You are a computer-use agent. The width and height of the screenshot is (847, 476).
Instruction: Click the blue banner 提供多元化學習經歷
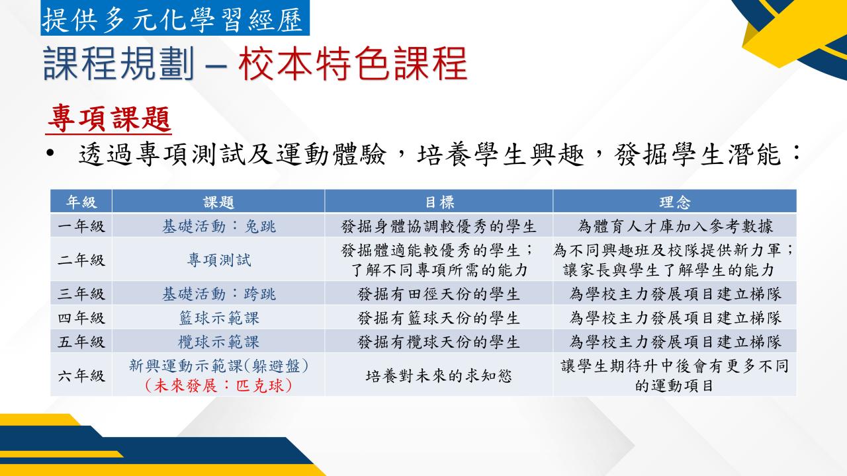[x=175, y=18]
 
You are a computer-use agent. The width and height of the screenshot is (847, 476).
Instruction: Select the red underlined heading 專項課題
[x=109, y=119]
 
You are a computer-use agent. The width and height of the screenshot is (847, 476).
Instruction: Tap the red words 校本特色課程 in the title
[x=353, y=63]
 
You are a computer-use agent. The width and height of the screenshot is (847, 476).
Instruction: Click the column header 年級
[x=81, y=202]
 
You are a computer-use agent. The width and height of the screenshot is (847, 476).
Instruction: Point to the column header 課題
[x=218, y=202]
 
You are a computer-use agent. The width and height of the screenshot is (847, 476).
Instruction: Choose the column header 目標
[x=439, y=202]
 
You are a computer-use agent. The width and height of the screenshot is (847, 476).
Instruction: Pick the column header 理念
[x=674, y=202]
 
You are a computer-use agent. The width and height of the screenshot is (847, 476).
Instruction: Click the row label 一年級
[x=81, y=226]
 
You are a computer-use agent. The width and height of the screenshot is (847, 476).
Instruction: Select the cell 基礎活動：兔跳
[x=219, y=226]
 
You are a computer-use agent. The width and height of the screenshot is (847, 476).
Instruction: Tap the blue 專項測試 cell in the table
[x=219, y=260]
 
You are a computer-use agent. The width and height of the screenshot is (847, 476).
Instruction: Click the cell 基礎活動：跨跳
[x=219, y=294]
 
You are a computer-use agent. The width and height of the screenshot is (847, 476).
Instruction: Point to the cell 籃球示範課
[x=219, y=318]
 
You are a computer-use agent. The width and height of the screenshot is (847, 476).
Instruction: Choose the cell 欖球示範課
[x=219, y=342]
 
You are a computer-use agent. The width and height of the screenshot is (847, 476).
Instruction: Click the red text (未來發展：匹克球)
[x=219, y=385]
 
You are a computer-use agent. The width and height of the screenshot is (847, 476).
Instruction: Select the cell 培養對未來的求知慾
[x=439, y=376]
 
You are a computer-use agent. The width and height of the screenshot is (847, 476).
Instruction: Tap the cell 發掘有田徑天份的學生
[x=439, y=294]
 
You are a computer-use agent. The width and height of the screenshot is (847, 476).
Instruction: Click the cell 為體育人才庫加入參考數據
[x=675, y=226]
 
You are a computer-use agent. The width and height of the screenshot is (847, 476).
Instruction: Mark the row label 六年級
[x=81, y=376]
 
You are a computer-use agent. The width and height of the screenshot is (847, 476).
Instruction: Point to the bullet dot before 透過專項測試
[x=50, y=154]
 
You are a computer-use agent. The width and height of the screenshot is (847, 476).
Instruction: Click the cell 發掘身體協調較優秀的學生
[x=439, y=226]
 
